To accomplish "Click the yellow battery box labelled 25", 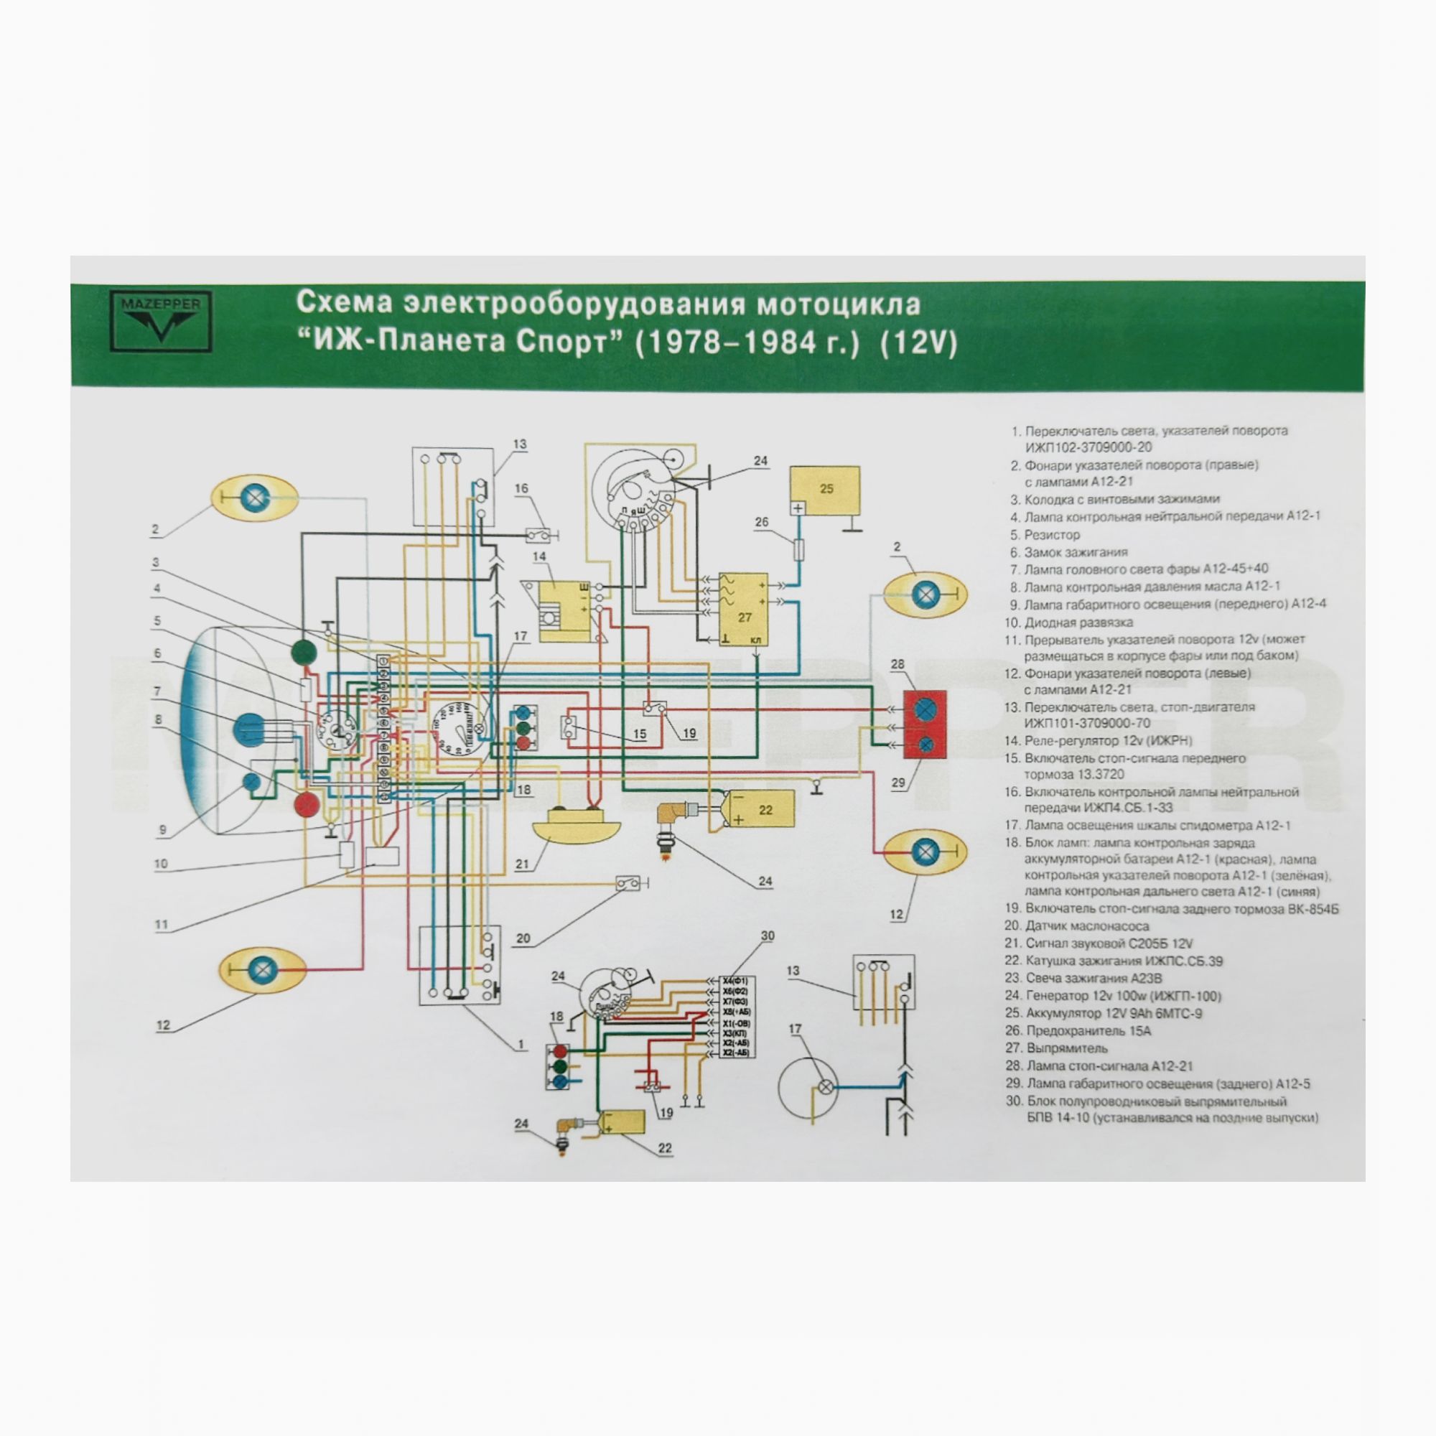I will (824, 491).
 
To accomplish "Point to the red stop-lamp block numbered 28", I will (926, 724).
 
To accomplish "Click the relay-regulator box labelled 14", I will (564, 611).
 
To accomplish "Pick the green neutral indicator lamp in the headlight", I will (304, 653).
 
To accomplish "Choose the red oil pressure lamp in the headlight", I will (305, 803).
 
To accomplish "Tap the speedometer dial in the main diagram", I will (459, 728).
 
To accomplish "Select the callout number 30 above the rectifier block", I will (767, 936).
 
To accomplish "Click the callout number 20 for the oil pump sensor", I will (523, 938).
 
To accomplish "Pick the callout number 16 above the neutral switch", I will (521, 488).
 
